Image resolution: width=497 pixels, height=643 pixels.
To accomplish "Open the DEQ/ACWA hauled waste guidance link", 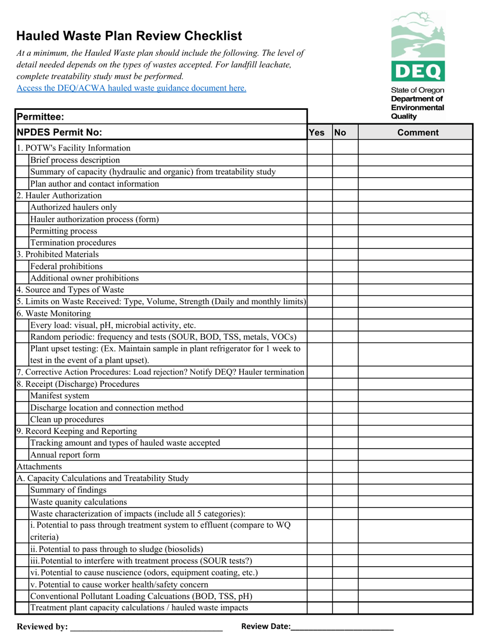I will tap(131, 88).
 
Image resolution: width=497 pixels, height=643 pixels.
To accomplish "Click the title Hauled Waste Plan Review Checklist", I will tap(129, 36).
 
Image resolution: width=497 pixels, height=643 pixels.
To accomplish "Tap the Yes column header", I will tap(317, 133).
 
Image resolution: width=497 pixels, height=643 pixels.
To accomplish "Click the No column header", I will tap(341, 133).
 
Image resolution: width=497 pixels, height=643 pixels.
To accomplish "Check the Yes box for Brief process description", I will tap(320, 160).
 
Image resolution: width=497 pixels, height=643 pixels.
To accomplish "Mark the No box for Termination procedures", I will tap(345, 243).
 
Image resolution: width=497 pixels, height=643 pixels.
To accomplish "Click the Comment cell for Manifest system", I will tap(415, 396).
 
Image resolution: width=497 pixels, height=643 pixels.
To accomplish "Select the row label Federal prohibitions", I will tap(66, 266).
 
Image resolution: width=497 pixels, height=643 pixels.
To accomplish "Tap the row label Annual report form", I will tap(65, 455).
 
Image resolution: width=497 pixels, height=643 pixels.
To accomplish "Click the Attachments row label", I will tap(39, 466).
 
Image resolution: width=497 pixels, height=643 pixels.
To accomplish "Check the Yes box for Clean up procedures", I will tap(320, 419).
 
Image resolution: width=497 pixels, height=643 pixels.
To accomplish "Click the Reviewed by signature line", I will tap(146, 626).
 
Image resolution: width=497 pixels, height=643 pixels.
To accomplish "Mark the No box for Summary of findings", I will tap(345, 490).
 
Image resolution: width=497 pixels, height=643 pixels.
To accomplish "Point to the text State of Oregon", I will tap(417, 90).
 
